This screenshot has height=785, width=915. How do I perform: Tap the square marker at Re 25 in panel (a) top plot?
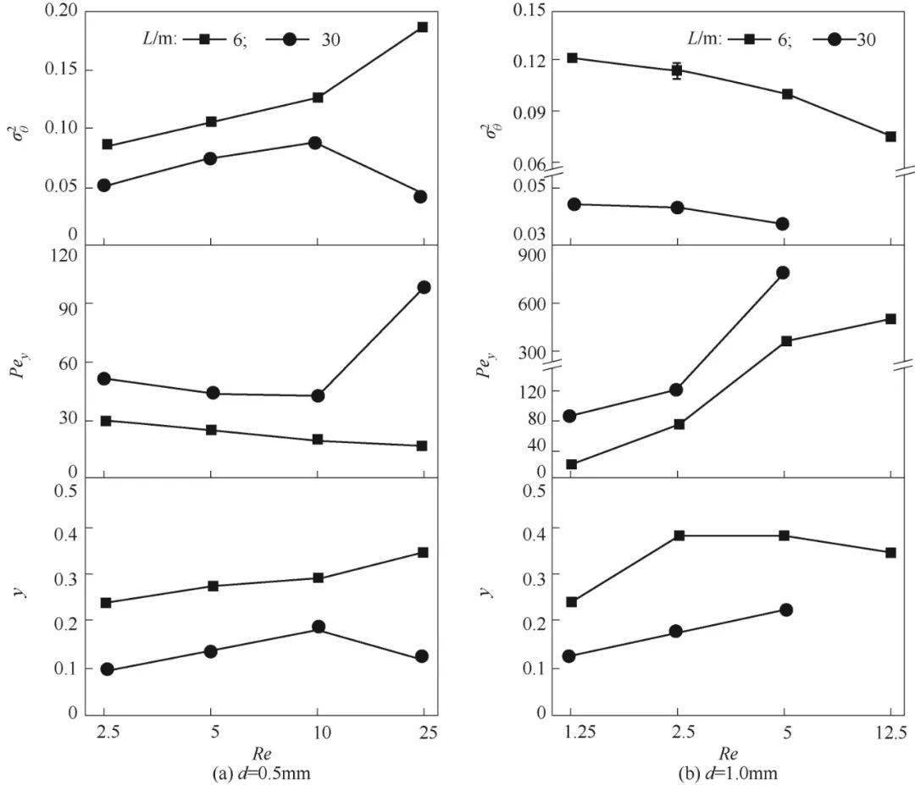423,27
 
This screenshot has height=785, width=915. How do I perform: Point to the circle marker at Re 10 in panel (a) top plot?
315,143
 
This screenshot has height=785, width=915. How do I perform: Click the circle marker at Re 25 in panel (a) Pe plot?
423,287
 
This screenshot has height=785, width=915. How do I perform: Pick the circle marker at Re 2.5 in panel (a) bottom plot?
107,670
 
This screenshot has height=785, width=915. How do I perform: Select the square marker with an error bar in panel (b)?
677,70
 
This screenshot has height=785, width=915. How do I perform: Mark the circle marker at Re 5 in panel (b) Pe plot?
783,273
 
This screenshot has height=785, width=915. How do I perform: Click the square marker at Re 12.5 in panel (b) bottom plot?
890,553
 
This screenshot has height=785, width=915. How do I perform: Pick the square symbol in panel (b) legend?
743,38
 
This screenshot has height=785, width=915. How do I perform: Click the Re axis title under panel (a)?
261,752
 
